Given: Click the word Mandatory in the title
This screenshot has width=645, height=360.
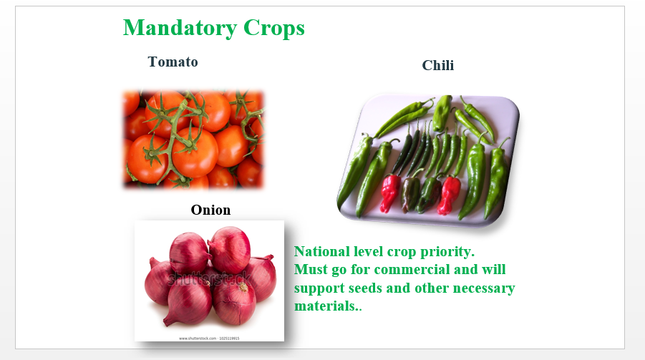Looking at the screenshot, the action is click(x=180, y=29).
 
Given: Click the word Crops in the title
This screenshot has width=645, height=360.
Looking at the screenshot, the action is click(x=274, y=28).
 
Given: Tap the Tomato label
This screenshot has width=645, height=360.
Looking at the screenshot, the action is click(x=173, y=62).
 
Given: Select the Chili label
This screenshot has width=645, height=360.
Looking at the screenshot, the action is click(x=438, y=65).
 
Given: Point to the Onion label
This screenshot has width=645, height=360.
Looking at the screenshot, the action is click(x=210, y=210).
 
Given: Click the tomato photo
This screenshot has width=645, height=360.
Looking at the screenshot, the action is click(x=193, y=139).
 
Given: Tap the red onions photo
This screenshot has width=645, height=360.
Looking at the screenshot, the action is click(x=209, y=281).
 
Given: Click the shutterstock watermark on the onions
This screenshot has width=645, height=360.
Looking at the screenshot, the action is click(x=209, y=279).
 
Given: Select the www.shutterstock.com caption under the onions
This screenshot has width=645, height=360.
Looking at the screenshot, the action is click(x=209, y=339).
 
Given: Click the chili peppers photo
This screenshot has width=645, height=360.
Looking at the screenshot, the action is click(x=428, y=160).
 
